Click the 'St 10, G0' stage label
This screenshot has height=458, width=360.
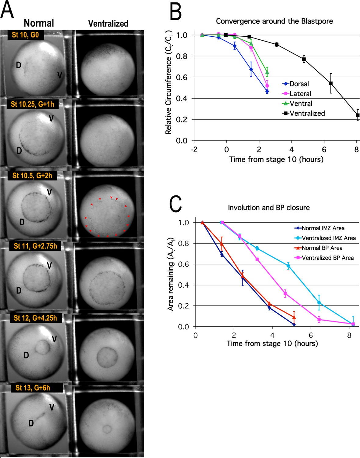[x=25, y=35]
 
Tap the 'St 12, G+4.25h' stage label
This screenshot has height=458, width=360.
[x=35, y=318]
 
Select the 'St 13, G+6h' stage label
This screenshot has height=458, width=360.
[x=33, y=388]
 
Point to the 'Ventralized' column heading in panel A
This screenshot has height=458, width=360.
[x=108, y=24]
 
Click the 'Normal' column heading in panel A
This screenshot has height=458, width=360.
[x=39, y=23]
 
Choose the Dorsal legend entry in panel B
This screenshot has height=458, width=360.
[x=299, y=84]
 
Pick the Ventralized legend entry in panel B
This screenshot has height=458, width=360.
[x=307, y=113]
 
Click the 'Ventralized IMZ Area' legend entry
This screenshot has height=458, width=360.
[x=329, y=238]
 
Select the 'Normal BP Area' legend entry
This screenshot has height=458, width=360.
[x=322, y=248]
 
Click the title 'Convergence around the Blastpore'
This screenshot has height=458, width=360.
[x=274, y=21]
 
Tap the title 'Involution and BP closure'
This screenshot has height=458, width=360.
[x=268, y=208]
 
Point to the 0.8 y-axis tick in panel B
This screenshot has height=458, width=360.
[x=182, y=56]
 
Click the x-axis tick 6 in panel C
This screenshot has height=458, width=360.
[x=311, y=335]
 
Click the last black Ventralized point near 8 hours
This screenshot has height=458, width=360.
[x=358, y=115]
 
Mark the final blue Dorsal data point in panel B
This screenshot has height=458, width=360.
[x=267, y=91]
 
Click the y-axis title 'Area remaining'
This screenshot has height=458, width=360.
[x=171, y=274]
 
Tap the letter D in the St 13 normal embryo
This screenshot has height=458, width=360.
[x=31, y=423]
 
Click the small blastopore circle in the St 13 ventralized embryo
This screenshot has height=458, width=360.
[x=107, y=429]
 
